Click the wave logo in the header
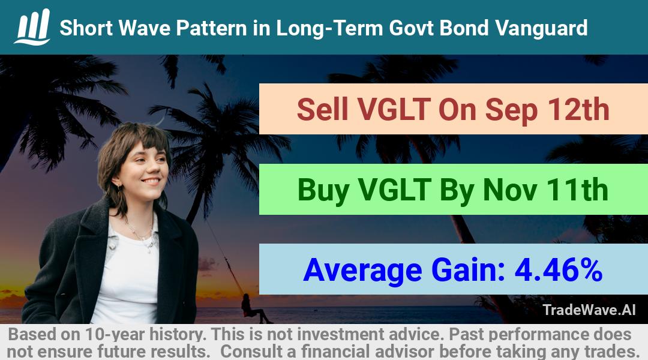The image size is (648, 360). pos(32,27)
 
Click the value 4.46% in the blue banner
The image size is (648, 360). pos(559,269)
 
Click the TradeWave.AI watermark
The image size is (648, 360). pos(589,310)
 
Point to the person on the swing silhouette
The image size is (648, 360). pos(253,309)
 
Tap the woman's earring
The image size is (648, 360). pos(119,188)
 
